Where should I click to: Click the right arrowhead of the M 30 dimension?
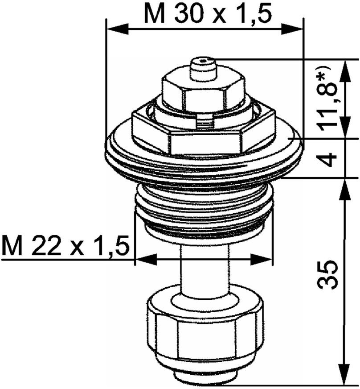(292, 29)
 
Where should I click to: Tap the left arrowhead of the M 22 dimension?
(147, 260)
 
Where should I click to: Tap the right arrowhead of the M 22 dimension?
(261, 260)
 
